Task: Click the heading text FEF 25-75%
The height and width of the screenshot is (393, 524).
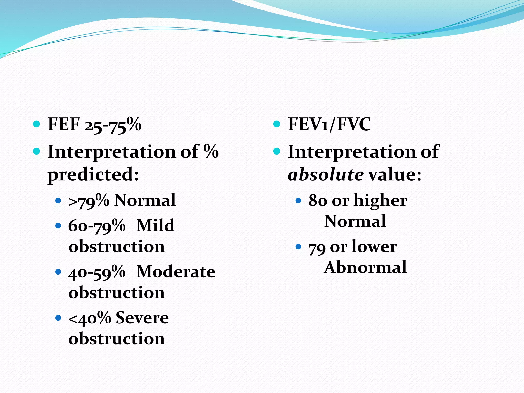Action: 94,125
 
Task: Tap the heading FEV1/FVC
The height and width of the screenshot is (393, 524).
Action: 329,125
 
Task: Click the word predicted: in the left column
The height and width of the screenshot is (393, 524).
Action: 93,175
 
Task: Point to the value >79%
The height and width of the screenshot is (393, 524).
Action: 89,201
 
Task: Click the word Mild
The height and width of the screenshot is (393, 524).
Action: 155,226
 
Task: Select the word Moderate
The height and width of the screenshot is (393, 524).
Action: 176,272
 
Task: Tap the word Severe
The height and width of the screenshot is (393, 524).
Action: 142,318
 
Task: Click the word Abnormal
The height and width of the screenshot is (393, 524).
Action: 365,268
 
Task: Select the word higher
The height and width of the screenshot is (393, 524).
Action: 380,201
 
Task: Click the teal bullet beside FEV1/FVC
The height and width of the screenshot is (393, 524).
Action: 277,124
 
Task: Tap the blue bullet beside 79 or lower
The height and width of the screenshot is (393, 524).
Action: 298,247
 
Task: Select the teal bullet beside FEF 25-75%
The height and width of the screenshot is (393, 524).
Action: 37,124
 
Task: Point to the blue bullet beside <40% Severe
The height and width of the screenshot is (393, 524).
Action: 58,318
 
